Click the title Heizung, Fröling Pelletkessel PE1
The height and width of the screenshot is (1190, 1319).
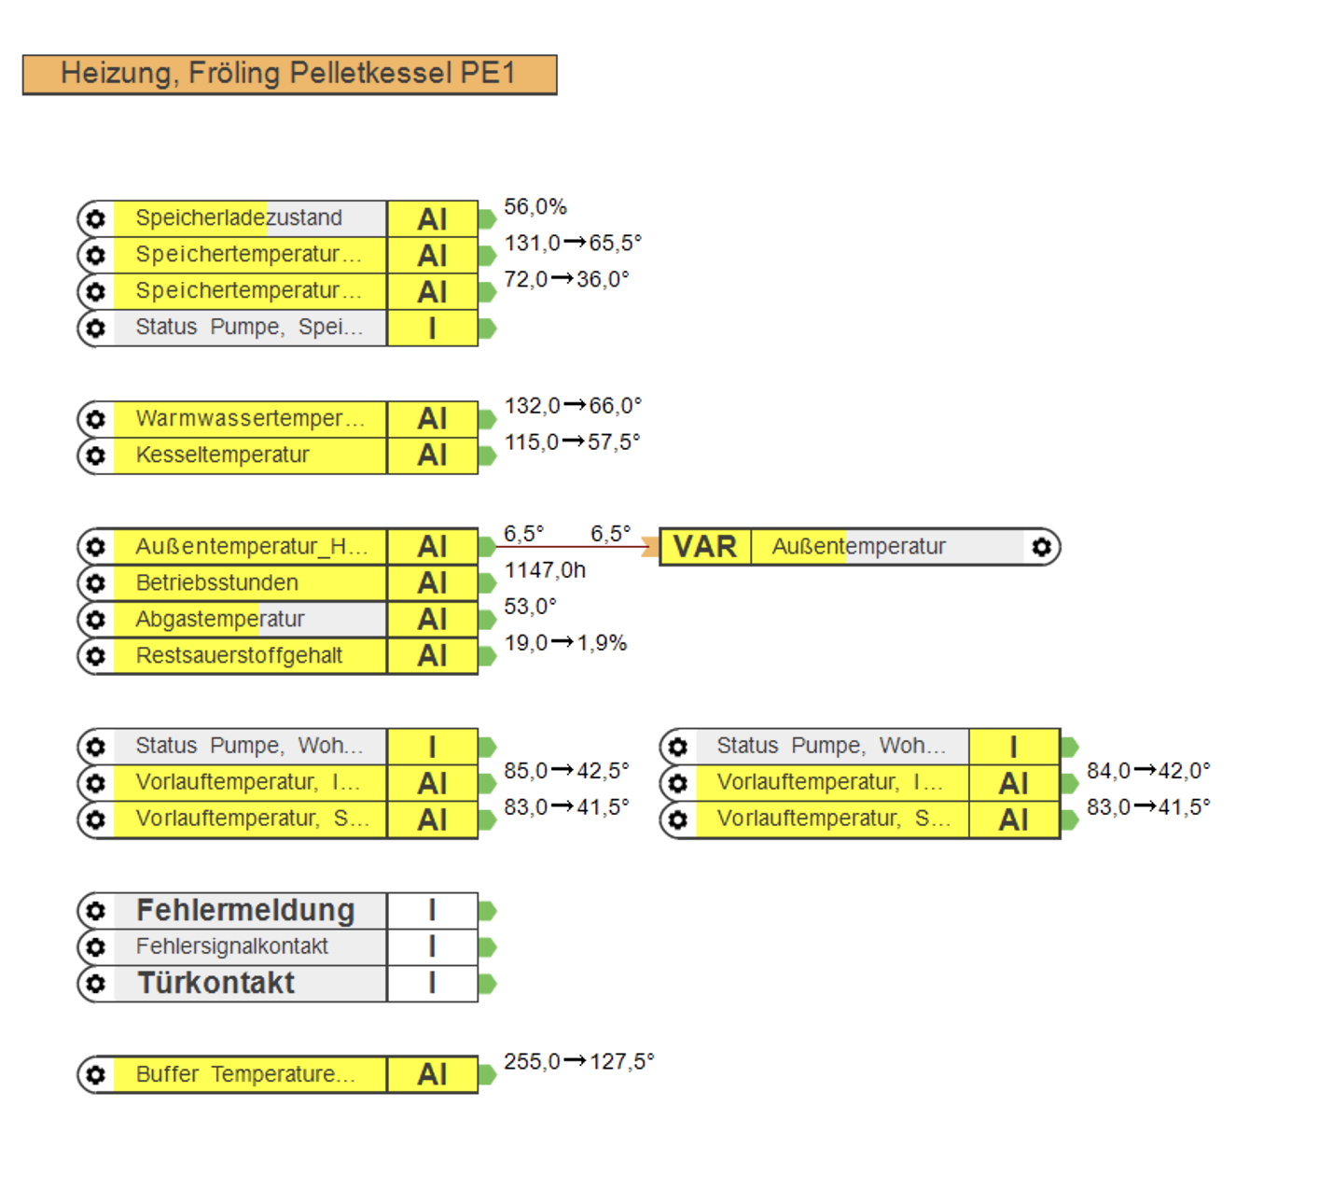pyautogui.click(x=288, y=73)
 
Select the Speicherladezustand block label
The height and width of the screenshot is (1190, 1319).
pyautogui.click(x=239, y=217)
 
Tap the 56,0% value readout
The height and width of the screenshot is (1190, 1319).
pyautogui.click(x=535, y=206)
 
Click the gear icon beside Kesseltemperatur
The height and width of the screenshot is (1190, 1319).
pyautogui.click(x=95, y=455)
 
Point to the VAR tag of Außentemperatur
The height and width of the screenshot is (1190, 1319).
pyautogui.click(x=705, y=546)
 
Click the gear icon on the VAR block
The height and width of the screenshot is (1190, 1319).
pyautogui.click(x=1042, y=546)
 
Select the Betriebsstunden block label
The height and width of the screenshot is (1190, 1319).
pyautogui.click(x=217, y=583)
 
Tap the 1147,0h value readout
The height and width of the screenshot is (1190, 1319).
pyautogui.click(x=545, y=570)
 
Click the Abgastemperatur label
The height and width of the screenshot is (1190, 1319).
pyautogui.click(x=219, y=620)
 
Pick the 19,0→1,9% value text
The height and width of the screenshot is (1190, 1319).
pyautogui.click(x=564, y=643)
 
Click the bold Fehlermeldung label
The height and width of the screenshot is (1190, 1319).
pyautogui.click(x=245, y=910)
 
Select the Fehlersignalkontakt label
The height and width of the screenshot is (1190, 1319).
pyautogui.click(x=231, y=946)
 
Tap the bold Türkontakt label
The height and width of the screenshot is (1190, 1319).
pyautogui.click(x=216, y=983)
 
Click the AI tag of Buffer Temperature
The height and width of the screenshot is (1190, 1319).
pyautogui.click(x=433, y=1074)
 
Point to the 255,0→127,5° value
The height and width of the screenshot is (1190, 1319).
pyautogui.click(x=578, y=1061)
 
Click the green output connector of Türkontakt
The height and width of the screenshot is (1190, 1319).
pyautogui.click(x=487, y=984)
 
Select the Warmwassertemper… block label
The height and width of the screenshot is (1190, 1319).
pyautogui.click(x=250, y=419)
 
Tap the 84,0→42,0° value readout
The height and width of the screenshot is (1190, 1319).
pyautogui.click(x=1148, y=771)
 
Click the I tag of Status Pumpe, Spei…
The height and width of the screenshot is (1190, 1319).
pyautogui.click(x=433, y=328)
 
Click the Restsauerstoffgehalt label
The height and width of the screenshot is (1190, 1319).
pyautogui.click(x=239, y=655)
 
